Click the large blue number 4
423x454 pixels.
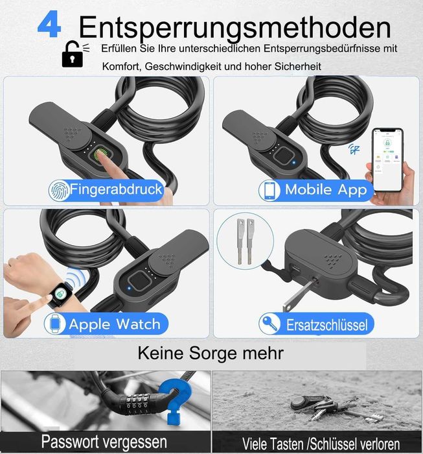(49, 24)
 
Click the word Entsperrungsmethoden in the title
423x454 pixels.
(234, 28)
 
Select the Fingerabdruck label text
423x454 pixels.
(116, 189)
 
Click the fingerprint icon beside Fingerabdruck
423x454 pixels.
(59, 190)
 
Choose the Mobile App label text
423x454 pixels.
(326, 189)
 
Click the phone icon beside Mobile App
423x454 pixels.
(269, 190)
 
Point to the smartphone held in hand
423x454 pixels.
(387, 160)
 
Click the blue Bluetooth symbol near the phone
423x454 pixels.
(354, 149)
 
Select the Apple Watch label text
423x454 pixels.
(115, 324)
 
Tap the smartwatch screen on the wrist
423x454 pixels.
(60, 294)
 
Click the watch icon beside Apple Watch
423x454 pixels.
(54, 324)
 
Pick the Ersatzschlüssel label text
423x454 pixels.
(327, 325)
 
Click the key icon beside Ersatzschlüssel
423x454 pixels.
(270, 324)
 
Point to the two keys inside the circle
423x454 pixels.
(245, 241)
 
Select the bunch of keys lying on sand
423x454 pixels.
(332, 408)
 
